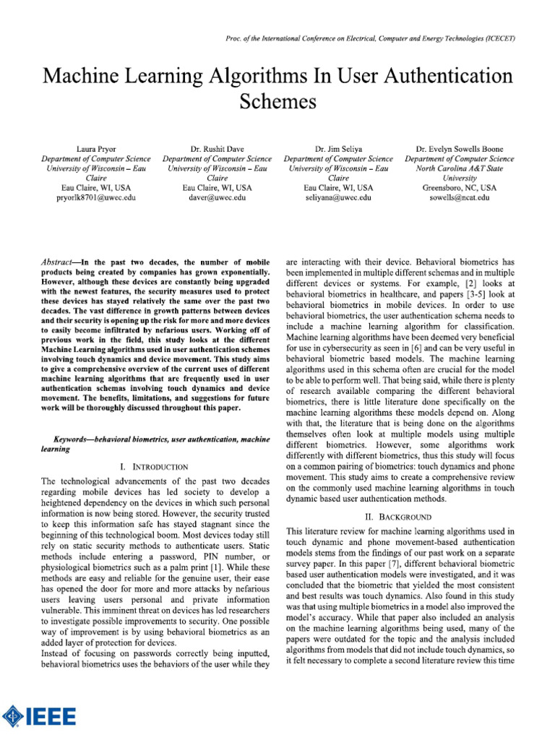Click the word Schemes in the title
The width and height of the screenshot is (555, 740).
tap(277, 102)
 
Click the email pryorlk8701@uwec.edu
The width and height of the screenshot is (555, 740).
tap(95, 197)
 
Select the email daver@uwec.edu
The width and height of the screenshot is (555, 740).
tap(217, 197)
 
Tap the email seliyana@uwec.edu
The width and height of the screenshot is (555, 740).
tap(338, 197)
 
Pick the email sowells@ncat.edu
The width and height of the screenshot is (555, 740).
tap(460, 197)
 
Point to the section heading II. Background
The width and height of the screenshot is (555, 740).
tap(398, 517)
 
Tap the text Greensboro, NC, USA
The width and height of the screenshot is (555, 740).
tap(460, 187)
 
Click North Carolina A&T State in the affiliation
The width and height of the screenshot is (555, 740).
tap(460, 168)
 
